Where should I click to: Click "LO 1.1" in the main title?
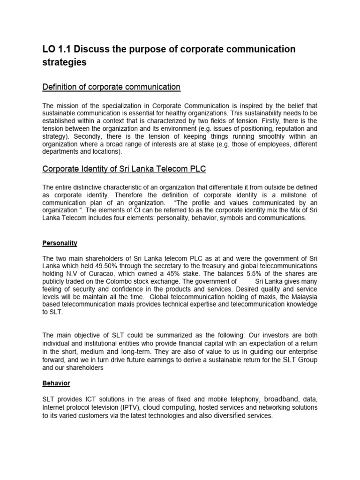[57, 50]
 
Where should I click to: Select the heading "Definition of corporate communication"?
[111, 87]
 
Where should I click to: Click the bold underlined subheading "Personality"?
[60, 243]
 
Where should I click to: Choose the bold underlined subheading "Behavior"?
[56, 383]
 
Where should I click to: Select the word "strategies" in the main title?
[65, 63]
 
